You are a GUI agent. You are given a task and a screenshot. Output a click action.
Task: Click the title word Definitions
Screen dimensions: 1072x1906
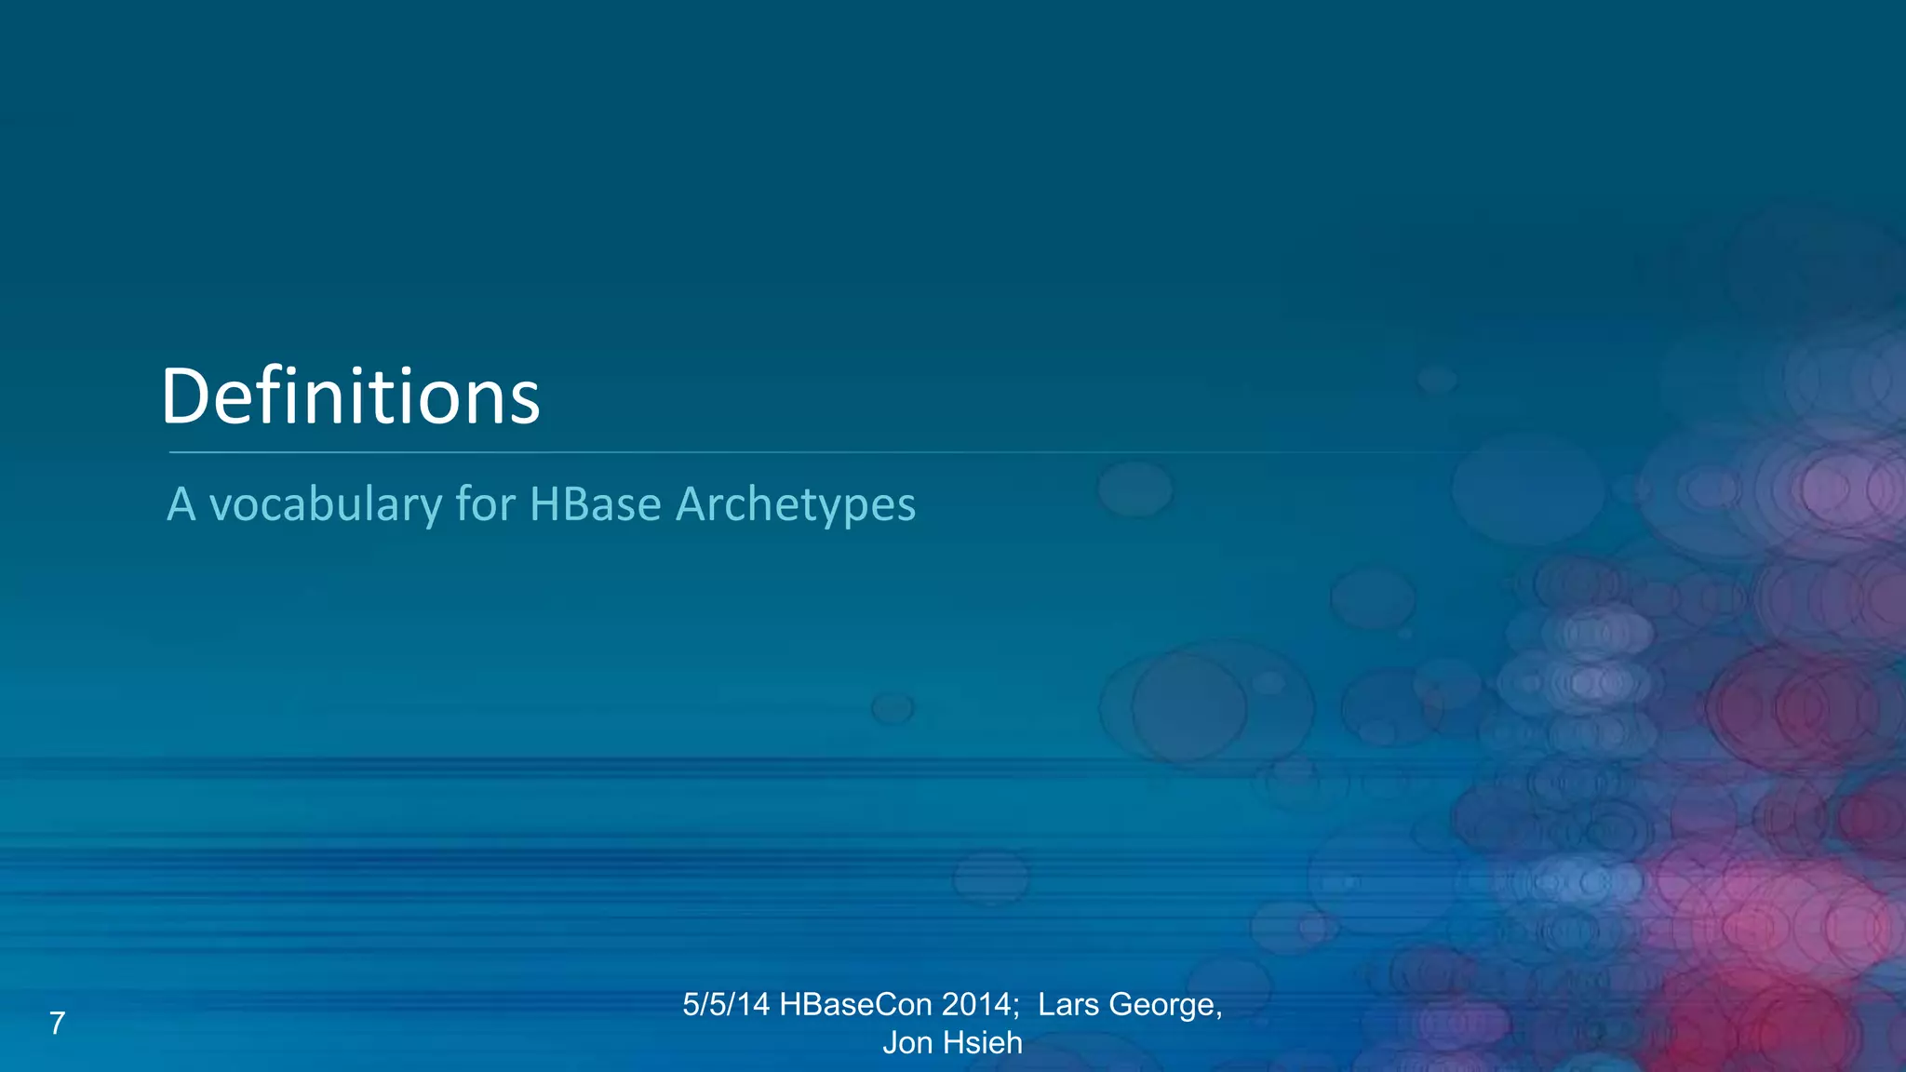(350, 397)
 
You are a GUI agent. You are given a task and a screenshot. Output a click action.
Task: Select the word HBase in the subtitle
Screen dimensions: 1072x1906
(595, 505)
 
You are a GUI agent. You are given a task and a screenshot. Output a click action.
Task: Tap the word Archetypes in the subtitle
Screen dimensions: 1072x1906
(796, 505)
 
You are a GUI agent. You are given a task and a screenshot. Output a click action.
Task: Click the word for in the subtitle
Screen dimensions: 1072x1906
(485, 505)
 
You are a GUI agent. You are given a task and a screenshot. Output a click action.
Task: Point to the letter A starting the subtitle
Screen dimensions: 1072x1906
(181, 505)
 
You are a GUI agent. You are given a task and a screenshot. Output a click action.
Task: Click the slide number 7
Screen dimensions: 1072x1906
(57, 1024)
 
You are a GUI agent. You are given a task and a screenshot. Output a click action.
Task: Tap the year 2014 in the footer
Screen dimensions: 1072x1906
(975, 1005)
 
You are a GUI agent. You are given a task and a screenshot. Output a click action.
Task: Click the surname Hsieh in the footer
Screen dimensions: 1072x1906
(982, 1043)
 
